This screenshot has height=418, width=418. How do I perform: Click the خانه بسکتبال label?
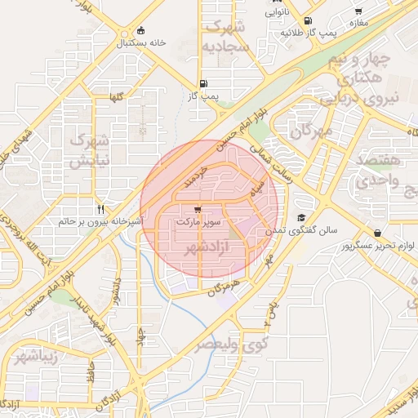coord(142,42)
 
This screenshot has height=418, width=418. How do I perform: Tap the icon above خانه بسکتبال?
coord(142,29)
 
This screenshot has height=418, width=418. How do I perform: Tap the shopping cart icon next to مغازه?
coord(358,11)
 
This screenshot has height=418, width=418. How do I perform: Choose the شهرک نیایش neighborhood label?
coord(89,150)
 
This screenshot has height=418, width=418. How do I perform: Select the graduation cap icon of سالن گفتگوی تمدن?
coord(301,218)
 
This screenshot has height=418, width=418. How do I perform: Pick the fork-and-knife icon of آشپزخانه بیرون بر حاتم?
coord(100,209)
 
